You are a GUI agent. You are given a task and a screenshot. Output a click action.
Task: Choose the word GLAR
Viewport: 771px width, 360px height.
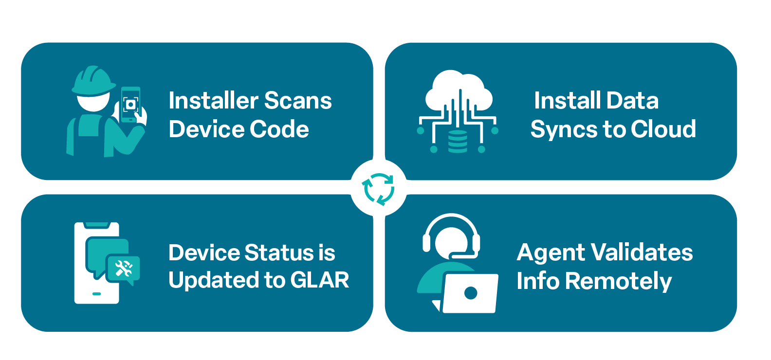pos(319,280)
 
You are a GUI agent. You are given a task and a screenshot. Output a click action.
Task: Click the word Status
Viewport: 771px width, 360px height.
pos(279,253)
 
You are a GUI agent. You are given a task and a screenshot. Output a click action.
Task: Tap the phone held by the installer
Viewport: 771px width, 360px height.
pos(130,105)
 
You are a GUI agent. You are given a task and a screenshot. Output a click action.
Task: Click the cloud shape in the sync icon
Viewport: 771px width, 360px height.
pos(458,90)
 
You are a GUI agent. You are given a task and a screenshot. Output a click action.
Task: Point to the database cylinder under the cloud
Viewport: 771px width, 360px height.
pos(458,142)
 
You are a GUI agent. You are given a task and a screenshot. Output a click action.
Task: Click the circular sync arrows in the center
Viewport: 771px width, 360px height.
pos(378,188)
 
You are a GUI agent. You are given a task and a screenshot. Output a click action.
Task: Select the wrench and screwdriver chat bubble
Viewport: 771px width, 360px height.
pos(123,268)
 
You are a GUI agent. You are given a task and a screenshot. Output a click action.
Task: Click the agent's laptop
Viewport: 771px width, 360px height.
pos(470,293)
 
